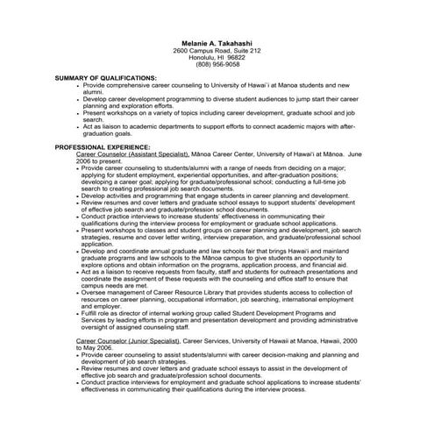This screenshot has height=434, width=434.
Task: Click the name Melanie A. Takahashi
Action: pyautogui.click(x=216, y=44)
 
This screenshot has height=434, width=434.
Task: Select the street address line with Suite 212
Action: pyautogui.click(x=217, y=51)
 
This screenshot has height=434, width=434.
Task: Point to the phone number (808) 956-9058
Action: pyautogui.click(x=217, y=65)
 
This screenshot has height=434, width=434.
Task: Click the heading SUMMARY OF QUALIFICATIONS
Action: pyautogui.click(x=105, y=78)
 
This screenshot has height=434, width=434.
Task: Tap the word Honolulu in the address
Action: pyautogui.click(x=203, y=58)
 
